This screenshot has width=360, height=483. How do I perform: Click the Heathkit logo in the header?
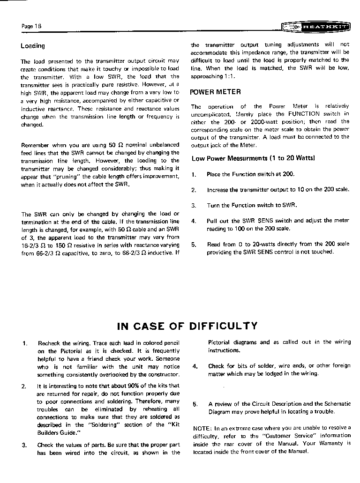coord(316,27)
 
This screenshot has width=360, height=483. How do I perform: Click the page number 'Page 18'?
coord(31,27)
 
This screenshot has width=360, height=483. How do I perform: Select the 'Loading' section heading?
coord(33,46)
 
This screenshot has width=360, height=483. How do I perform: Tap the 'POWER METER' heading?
coord(216,92)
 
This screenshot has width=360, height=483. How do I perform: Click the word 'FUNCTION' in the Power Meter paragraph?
coord(304,114)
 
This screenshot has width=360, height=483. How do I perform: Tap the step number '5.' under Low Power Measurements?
coord(194,245)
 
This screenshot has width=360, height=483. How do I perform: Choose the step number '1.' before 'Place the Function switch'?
coord(194,174)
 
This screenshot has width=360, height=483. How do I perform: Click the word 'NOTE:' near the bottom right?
coord(202,428)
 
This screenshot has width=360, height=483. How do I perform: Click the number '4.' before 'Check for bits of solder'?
coord(195,366)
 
